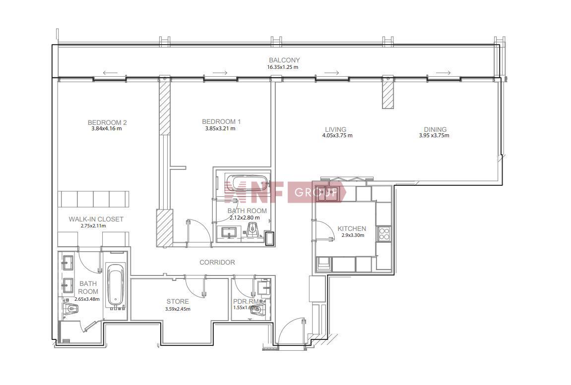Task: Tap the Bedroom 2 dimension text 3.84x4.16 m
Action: pyautogui.click(x=107, y=128)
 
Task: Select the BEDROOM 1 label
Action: pyautogui.click(x=221, y=121)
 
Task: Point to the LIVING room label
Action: pyautogui.click(x=335, y=129)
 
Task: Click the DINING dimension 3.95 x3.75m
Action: pyautogui.click(x=434, y=136)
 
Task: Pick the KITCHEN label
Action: pyautogui.click(x=351, y=229)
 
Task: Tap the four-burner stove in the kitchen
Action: pyautogui.click(x=383, y=233)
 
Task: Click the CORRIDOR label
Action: pyautogui.click(x=217, y=262)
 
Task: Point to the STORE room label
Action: pyautogui.click(x=177, y=301)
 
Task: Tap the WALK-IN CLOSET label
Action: pyautogui.click(x=96, y=219)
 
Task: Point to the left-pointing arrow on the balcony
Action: pyautogui.click(x=110, y=73)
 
